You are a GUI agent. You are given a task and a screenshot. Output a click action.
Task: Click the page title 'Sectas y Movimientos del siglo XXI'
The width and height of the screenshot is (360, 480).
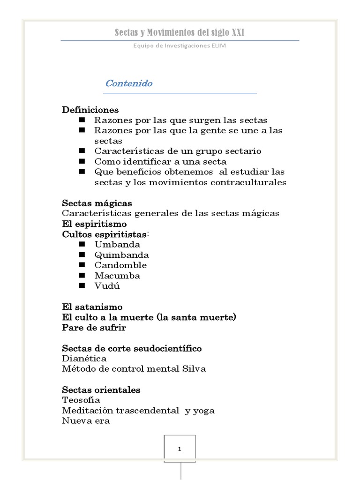coord(180,32)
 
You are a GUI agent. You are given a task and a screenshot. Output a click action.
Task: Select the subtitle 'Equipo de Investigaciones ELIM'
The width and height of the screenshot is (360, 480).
coord(180,45)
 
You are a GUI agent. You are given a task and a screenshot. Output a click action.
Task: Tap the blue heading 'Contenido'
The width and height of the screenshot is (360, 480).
coord(129,83)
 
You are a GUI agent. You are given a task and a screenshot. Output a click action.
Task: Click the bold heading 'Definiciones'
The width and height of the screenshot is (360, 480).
coord(90,110)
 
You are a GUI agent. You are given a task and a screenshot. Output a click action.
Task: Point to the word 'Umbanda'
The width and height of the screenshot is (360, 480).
coord(117,244)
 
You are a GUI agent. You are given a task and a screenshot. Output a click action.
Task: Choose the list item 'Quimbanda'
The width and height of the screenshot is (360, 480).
coord(122,255)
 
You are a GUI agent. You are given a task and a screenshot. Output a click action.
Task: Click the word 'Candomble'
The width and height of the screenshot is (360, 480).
coord(120,265)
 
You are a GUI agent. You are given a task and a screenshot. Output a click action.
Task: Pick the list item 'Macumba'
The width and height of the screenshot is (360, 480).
coord(117,275)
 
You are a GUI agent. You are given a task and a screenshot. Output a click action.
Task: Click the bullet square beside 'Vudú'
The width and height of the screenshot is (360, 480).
coord(82,285)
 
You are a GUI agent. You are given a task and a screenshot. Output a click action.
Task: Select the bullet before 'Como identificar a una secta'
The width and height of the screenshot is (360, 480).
coord(82,161)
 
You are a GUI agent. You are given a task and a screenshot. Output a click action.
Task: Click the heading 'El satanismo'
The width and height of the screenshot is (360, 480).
coord(92,307)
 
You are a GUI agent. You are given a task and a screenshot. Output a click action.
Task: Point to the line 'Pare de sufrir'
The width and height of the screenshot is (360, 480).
coord(94,328)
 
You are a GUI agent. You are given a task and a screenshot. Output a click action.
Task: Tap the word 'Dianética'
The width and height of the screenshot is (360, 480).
coord(84,359)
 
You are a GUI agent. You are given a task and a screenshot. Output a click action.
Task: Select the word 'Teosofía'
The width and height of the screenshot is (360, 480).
coord(81,400)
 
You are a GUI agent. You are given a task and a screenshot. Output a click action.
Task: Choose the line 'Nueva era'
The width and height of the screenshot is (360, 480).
coord(86,420)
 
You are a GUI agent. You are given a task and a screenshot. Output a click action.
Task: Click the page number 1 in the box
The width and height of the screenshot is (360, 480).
coord(180,449)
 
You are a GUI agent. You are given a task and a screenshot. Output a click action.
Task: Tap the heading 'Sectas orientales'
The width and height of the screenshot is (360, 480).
coord(101,390)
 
